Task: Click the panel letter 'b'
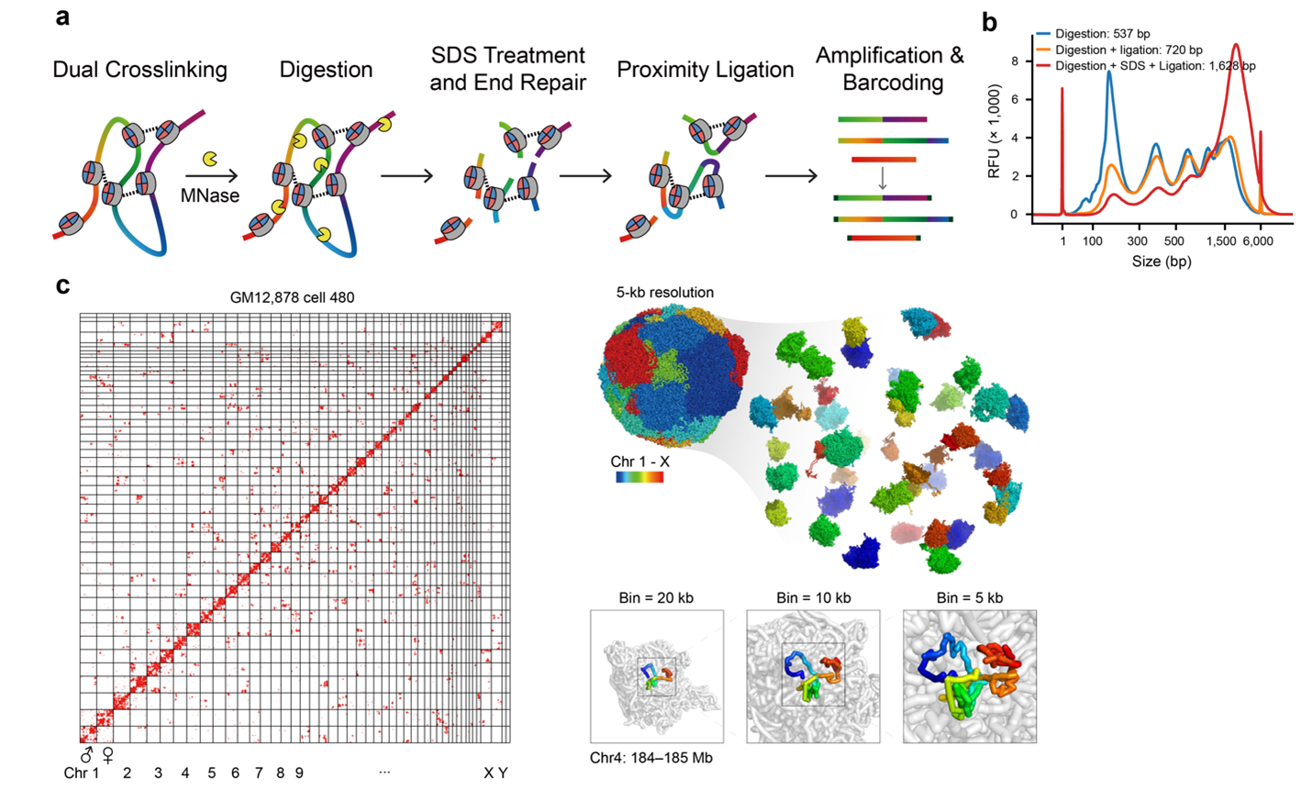[989, 23]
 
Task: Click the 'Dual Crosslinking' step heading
[140, 70]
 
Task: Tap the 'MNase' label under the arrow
[210, 195]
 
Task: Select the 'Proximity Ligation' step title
[706, 70]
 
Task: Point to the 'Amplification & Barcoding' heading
[890, 69]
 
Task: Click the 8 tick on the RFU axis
[1014, 61]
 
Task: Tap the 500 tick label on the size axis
[1173, 240]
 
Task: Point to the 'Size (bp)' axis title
[1162, 261]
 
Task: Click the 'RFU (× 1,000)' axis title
[994, 130]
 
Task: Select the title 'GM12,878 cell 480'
[292, 297]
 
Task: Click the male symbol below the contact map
[86, 753]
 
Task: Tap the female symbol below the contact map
[107, 755]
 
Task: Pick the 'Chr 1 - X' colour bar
[639, 477]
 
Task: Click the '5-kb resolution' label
[665, 292]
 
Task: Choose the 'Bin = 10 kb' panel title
[814, 598]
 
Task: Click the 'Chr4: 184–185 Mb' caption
[651, 758]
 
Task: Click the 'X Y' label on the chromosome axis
[495, 773]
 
